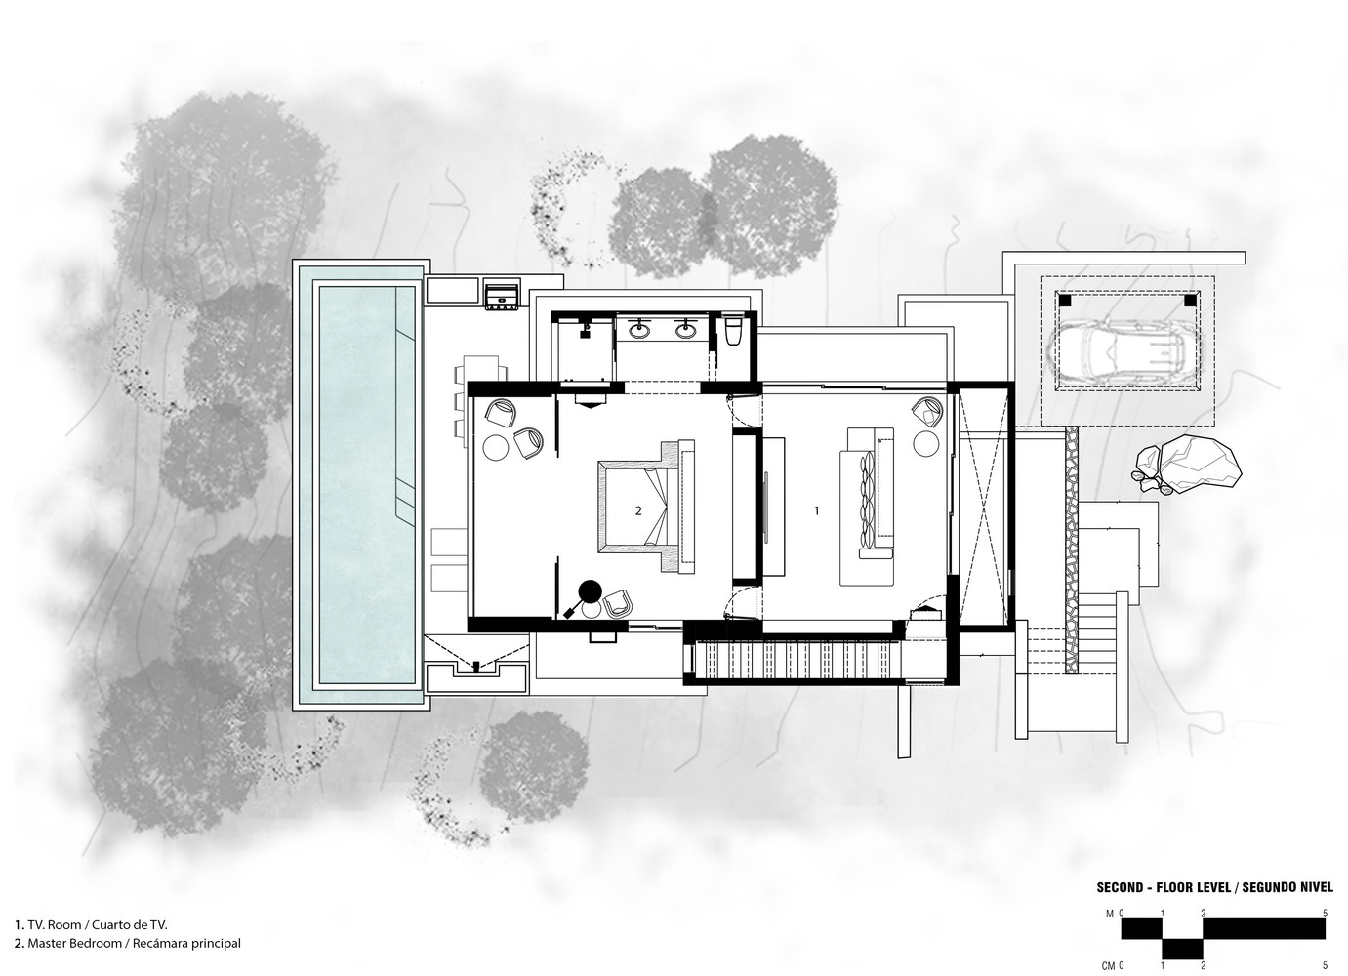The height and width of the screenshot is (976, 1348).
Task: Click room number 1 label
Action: click(x=816, y=510)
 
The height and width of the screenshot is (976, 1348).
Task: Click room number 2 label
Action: click(x=638, y=510)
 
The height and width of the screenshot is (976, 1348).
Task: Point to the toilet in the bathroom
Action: click(x=734, y=332)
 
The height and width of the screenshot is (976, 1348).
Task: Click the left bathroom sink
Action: click(x=639, y=329)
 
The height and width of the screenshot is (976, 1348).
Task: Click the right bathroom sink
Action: click(x=684, y=329)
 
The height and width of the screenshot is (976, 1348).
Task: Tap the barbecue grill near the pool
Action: click(x=502, y=295)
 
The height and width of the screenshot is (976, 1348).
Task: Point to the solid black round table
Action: click(x=591, y=590)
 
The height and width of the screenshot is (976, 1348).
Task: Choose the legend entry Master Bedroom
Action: click(x=128, y=943)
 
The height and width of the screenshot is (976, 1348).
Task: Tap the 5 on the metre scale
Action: click(x=1325, y=914)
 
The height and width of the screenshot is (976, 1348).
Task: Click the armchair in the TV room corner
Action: click(x=928, y=412)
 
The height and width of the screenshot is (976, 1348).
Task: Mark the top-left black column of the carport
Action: click(x=1065, y=299)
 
